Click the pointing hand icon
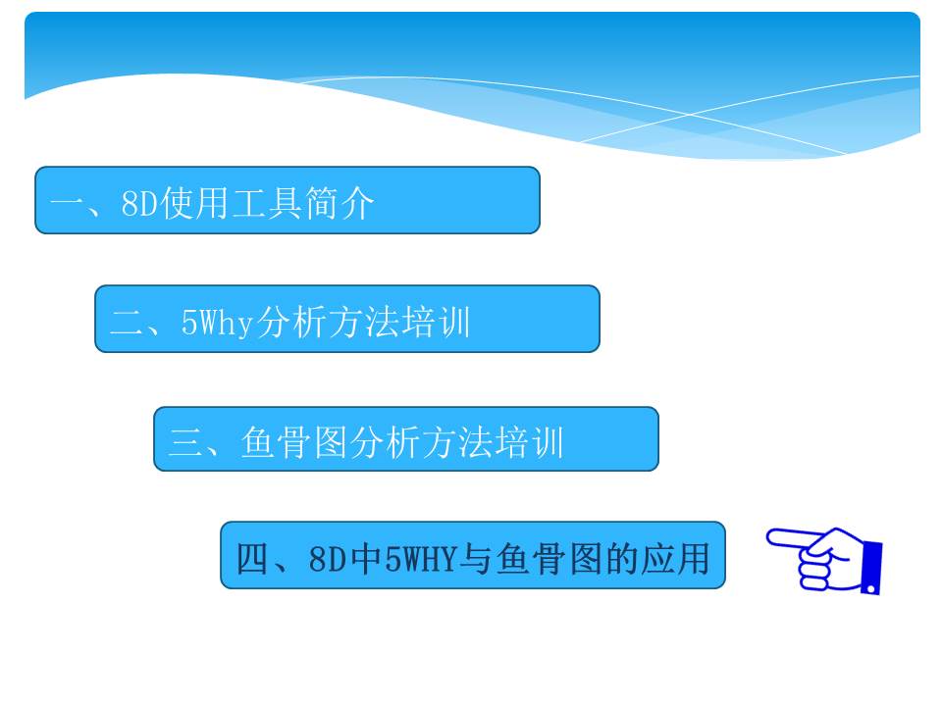pyautogui.click(x=824, y=561)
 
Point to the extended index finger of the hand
pyautogui.click(x=794, y=538)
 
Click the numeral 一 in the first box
pyautogui.click(x=67, y=204)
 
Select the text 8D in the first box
pyautogui.click(x=139, y=203)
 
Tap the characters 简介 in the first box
pyautogui.click(x=340, y=203)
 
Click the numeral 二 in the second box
pyautogui.click(x=127, y=322)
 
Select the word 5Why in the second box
pyautogui.click(x=217, y=323)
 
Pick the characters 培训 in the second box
pyautogui.click(x=436, y=322)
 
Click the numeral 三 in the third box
pyautogui.click(x=185, y=441)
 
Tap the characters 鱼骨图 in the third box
pyautogui.click(x=293, y=442)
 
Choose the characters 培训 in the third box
pyautogui.click(x=529, y=442)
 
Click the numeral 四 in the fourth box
pyautogui.click(x=252, y=559)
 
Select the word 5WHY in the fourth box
pyautogui.click(x=421, y=559)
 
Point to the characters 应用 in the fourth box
pyautogui.click(x=675, y=559)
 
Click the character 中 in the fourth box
pyautogui.click(x=366, y=559)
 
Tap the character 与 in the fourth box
pyautogui.click(x=475, y=559)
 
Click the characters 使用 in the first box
pyautogui.click(x=194, y=203)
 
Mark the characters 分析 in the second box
pyautogui.click(x=290, y=322)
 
